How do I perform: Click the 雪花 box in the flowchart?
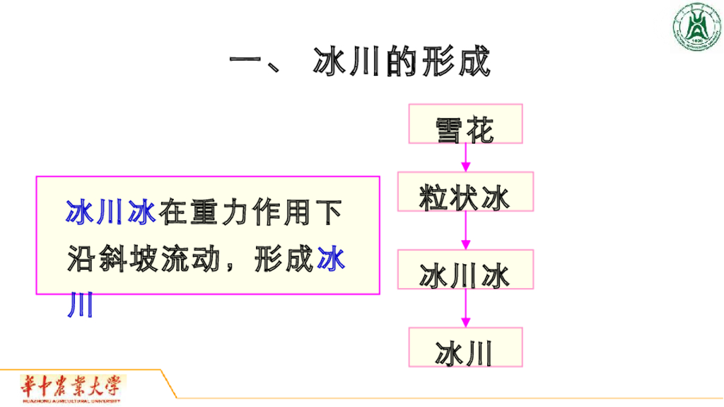[x=465, y=125]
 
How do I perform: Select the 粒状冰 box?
[x=465, y=193]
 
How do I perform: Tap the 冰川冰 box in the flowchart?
[x=465, y=270]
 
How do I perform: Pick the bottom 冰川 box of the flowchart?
[x=465, y=347]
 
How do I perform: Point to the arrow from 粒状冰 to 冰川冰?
[x=465, y=231]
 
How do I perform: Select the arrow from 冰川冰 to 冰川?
[x=465, y=308]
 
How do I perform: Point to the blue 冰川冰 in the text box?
[x=112, y=212]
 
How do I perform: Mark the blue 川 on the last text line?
[x=80, y=306]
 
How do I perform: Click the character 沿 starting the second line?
[x=81, y=260]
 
